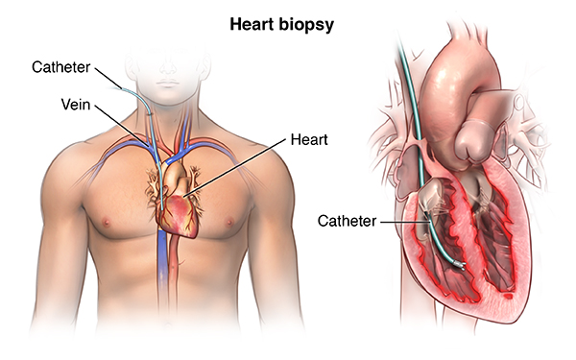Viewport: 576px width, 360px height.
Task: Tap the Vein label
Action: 76,105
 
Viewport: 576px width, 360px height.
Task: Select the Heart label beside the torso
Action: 309,139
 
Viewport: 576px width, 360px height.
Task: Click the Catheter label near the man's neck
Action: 61,67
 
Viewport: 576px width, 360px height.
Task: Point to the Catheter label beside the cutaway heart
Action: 347,221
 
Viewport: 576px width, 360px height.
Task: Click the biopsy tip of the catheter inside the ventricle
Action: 460,265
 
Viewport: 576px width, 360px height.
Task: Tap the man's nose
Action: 168,68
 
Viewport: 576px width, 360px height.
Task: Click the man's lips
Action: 168,84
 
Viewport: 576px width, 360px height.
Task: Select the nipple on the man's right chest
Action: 107,222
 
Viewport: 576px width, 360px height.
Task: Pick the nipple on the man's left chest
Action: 230,222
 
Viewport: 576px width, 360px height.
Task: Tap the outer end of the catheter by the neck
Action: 121,88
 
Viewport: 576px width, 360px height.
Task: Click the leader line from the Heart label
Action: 234,168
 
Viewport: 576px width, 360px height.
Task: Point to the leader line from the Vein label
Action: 122,126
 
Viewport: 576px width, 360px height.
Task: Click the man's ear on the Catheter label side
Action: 130,66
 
